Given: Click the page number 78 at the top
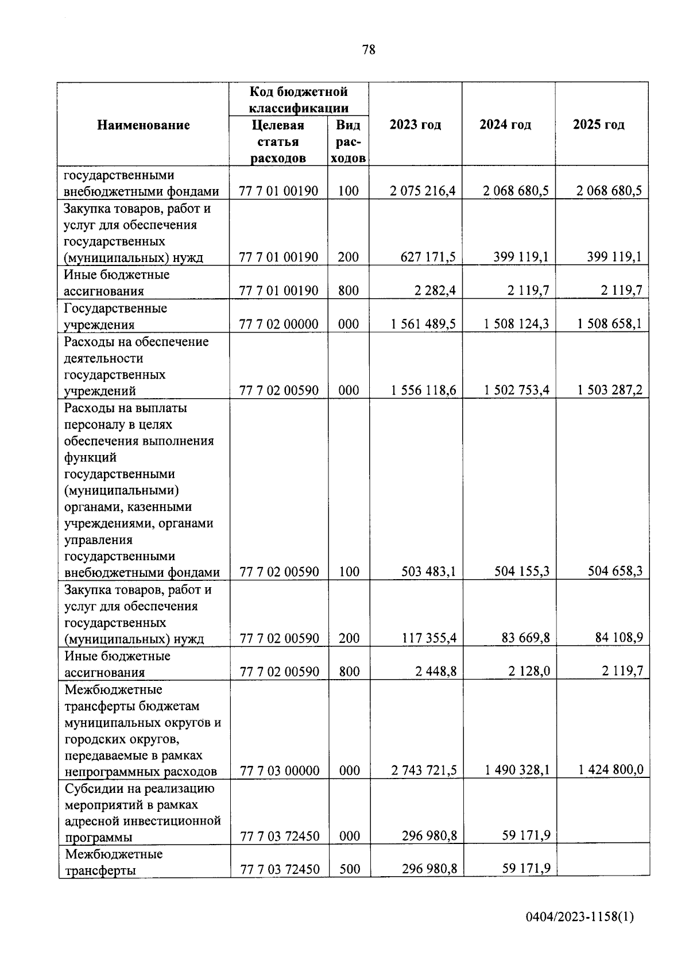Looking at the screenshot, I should coord(369,50).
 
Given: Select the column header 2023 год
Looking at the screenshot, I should coord(415,125).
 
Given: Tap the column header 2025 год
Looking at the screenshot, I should coord(599,125).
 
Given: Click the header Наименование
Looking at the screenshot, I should coord(143,125).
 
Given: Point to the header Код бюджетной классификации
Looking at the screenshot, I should coord(299,99).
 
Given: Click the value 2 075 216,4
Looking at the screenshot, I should coord(423,191).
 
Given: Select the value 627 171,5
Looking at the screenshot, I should coord(428,257).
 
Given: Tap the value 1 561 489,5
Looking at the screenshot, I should coord(423,324).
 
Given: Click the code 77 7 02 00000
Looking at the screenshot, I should coord(279,324).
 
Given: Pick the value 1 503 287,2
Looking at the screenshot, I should coord(610,390).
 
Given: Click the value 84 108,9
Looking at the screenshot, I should coord(618,638).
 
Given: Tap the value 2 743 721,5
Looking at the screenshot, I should coord(424,770).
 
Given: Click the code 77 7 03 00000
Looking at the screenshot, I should coord(280,770).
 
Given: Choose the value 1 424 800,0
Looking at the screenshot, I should coord(611,769).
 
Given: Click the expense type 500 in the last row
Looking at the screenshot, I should coord(349,869).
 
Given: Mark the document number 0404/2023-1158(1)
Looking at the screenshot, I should coord(580,918).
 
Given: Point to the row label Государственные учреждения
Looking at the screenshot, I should coord(115,317).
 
